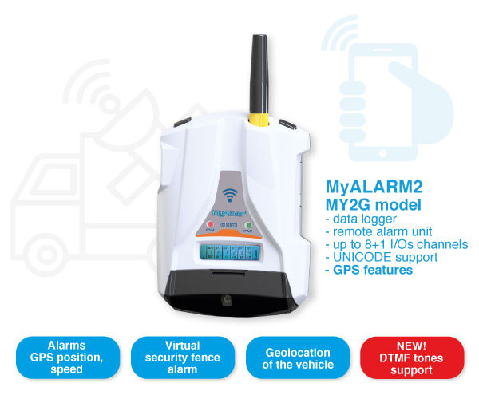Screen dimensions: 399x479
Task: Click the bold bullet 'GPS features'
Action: click(370, 271)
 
